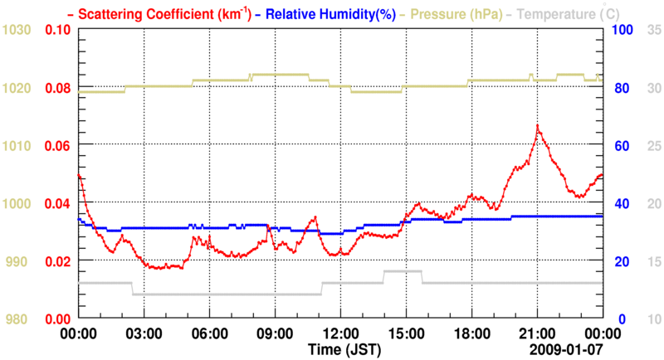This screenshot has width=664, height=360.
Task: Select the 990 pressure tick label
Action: point(19,261)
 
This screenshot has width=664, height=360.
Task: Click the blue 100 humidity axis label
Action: point(623,31)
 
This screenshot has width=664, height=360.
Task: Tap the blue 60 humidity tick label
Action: point(620,146)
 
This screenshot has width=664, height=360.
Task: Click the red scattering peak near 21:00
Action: point(538,126)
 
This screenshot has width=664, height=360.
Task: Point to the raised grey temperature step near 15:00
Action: point(403,271)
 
